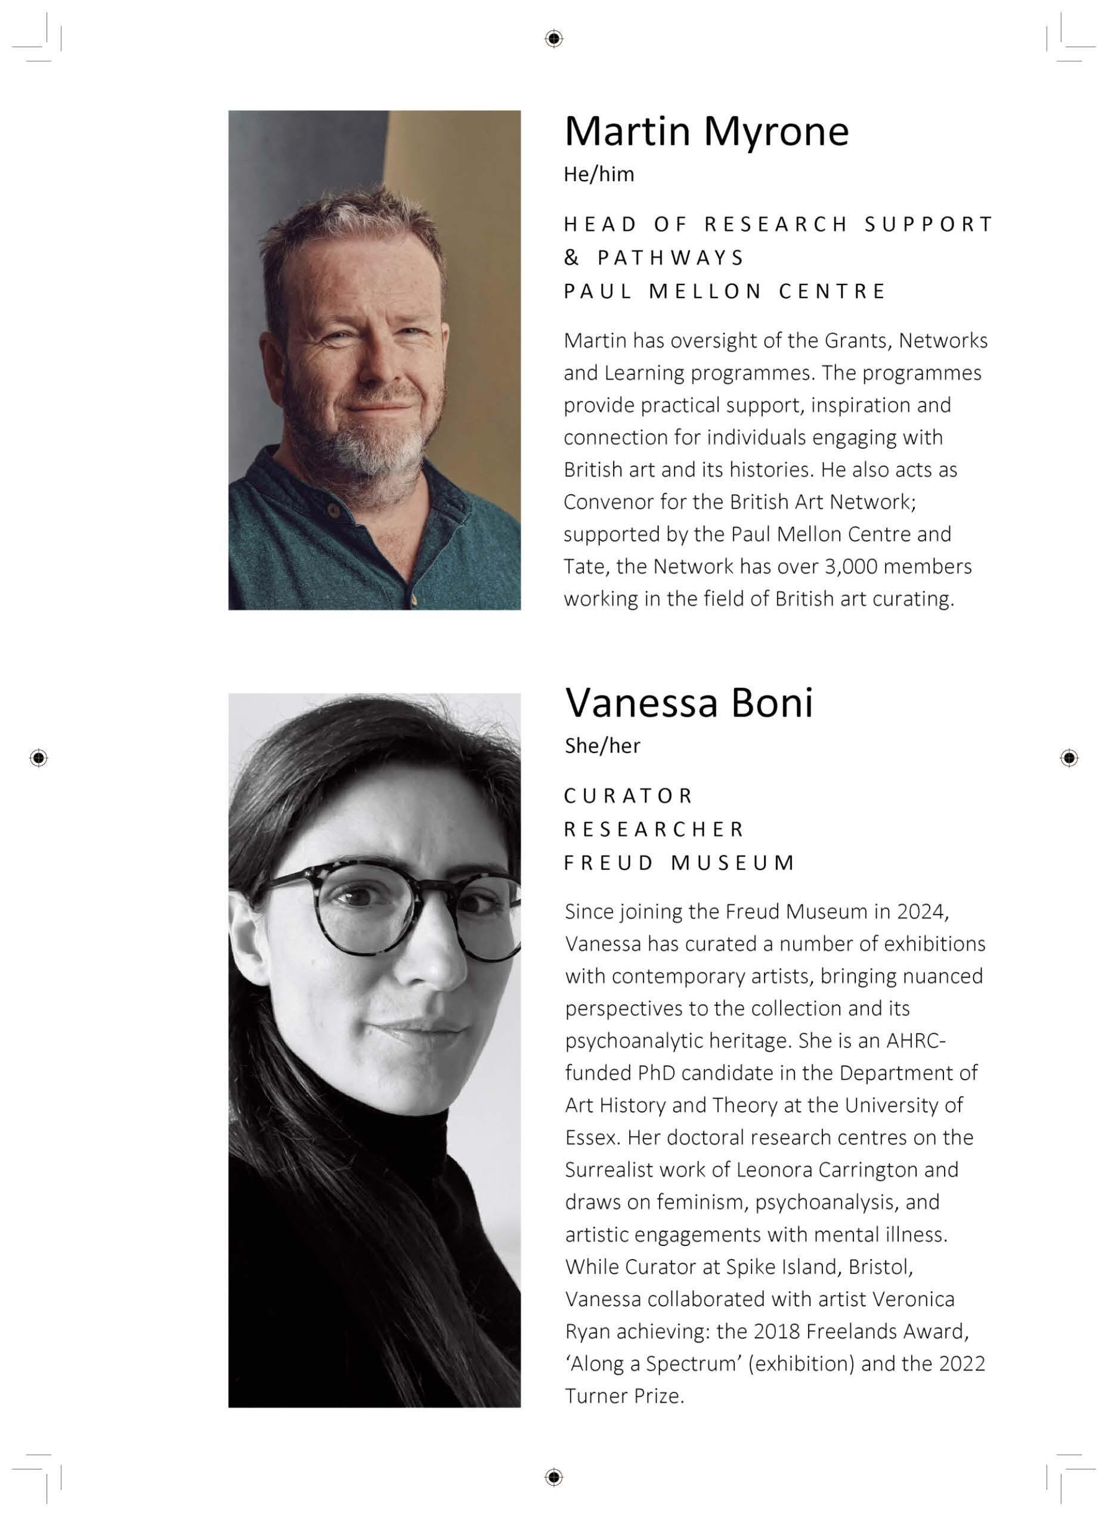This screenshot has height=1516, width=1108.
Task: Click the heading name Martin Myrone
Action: click(x=706, y=131)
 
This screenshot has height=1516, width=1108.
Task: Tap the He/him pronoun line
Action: click(x=598, y=174)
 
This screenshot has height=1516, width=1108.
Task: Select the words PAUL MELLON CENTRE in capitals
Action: click(x=725, y=291)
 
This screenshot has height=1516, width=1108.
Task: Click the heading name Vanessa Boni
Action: click(x=689, y=703)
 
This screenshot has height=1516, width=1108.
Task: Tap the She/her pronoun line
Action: click(x=602, y=746)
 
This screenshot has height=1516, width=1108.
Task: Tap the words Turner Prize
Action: click(x=624, y=1396)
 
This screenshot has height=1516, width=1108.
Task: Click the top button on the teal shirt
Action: click(x=333, y=511)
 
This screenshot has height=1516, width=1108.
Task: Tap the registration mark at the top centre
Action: click(x=553, y=39)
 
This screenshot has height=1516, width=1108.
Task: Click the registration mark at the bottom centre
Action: click(x=553, y=1477)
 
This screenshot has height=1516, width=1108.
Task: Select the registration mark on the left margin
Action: click(x=39, y=758)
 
